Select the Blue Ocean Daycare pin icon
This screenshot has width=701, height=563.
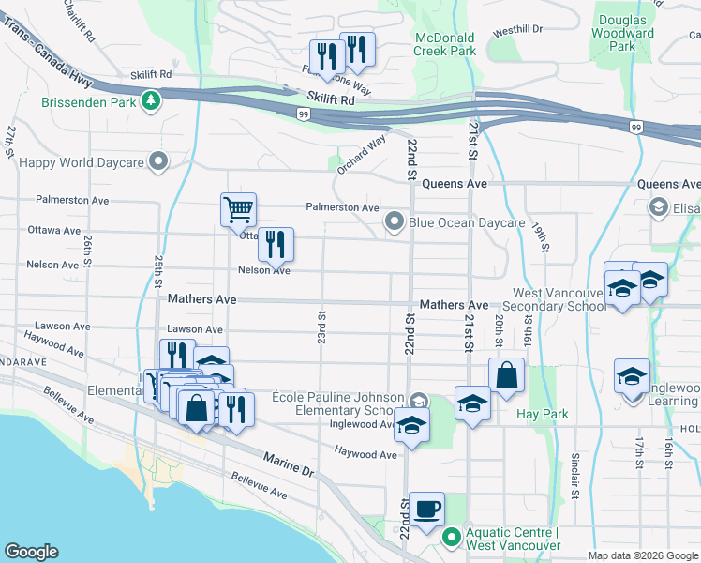[x=395, y=222]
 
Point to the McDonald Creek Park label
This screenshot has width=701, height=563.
[x=444, y=44]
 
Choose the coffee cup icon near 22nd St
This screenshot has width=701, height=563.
[x=427, y=509]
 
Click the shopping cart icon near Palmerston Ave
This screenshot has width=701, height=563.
[x=239, y=209]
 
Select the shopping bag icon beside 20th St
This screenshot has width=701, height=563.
[x=506, y=374]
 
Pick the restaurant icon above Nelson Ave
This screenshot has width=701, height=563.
[x=276, y=244]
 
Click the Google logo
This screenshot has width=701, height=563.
[x=31, y=551]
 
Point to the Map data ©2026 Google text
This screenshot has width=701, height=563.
[x=642, y=555]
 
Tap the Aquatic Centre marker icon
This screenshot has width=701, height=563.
[x=452, y=539]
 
